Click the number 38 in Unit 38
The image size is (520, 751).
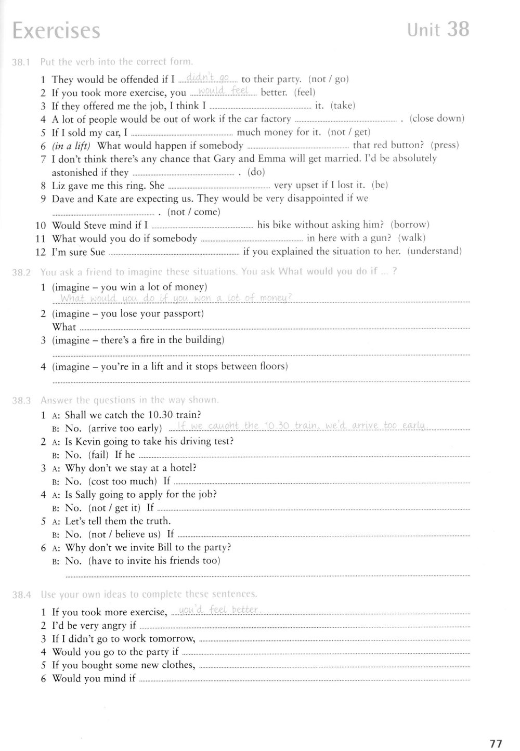(x=458, y=29)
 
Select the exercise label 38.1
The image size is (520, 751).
(x=22, y=62)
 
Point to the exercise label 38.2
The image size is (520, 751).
(x=22, y=272)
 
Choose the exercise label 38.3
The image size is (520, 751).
(x=22, y=400)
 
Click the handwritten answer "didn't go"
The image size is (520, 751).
(x=207, y=78)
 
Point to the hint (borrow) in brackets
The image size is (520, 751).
(x=410, y=225)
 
